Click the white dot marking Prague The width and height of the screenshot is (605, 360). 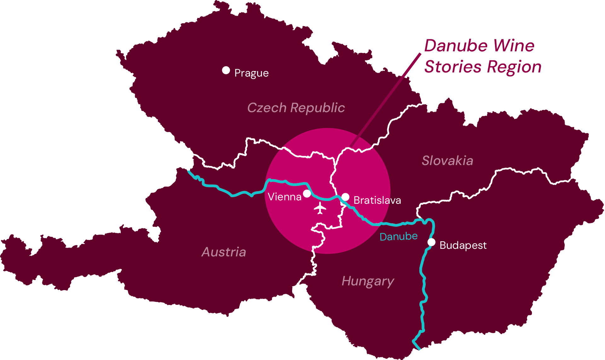point(226,70)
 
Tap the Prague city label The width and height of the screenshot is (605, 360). point(251,73)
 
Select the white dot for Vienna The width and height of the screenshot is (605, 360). point(307,193)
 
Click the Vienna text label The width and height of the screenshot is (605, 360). point(284,197)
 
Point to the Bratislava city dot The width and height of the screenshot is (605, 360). point(346,197)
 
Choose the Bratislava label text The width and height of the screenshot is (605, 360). point(377,200)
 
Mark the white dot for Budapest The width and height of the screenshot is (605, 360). point(431,242)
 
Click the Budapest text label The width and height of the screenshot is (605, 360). point(463,245)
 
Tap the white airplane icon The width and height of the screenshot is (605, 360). point(320,208)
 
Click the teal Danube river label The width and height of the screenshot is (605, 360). point(398,237)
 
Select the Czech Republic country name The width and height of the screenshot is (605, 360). point(296,108)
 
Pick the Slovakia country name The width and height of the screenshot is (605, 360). point(447,161)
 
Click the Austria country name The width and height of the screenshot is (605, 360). point(224,252)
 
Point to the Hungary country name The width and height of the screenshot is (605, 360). point(368,281)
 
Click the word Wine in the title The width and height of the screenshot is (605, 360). point(514,46)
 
